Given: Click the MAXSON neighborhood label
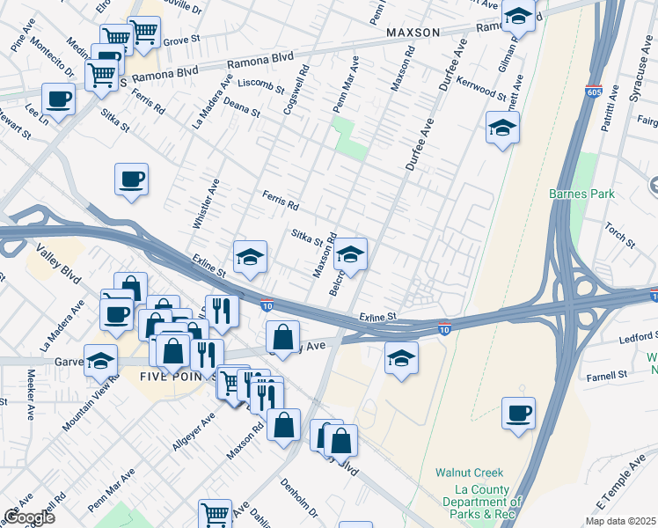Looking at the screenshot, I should (413, 33).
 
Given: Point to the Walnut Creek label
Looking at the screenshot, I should (467, 472).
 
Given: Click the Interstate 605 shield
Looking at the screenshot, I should (594, 91).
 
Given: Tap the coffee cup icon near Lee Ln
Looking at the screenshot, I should (59, 99).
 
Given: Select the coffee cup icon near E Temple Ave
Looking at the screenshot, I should (518, 412).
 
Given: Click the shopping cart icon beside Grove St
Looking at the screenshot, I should (144, 33).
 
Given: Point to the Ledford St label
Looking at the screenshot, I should (637, 336).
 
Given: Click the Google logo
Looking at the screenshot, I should (29, 517).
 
